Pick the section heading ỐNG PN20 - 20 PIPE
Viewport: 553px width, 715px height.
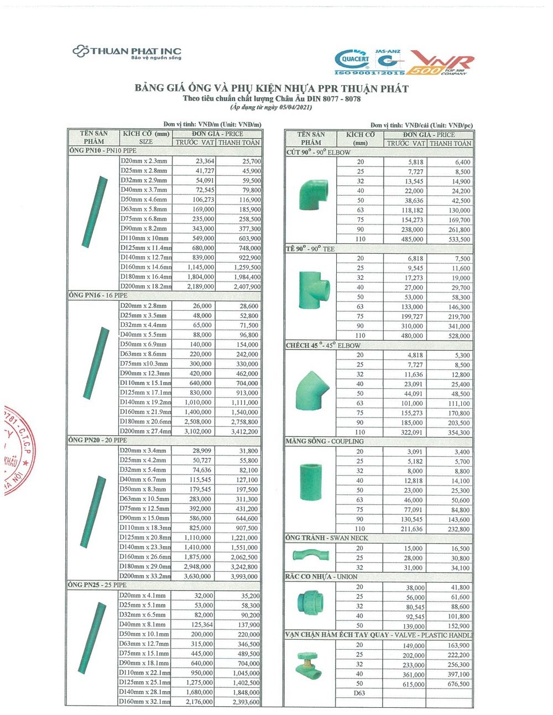coord(98,440)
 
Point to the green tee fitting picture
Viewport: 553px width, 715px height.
coord(311,293)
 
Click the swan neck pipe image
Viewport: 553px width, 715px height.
coord(310,554)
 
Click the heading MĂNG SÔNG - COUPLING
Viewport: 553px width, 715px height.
coord(325,441)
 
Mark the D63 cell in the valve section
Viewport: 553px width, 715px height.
coord(359,693)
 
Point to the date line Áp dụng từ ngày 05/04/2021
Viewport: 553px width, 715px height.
coord(272,107)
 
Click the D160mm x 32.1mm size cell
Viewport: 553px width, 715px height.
coord(144,702)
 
